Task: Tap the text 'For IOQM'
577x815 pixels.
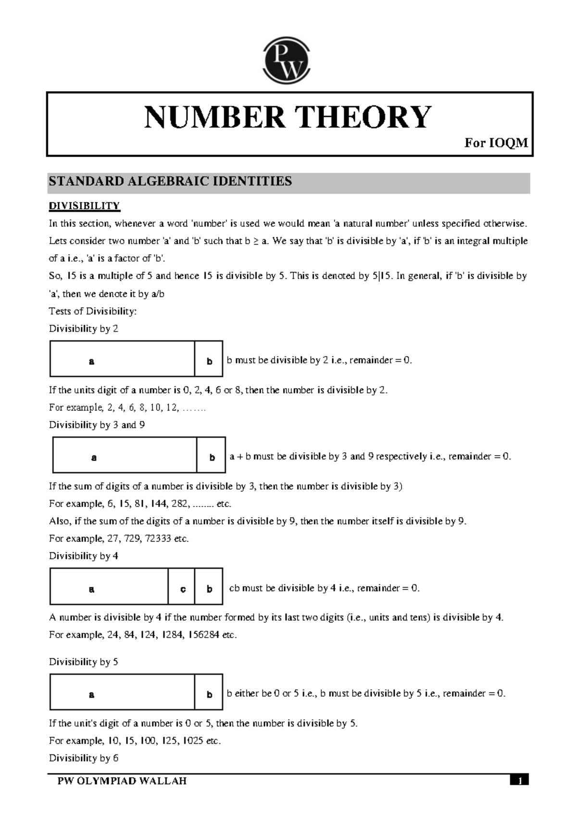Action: [496, 143]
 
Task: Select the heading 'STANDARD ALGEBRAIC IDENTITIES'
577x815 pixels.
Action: [170, 182]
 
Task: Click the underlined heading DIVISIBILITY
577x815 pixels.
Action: [84, 206]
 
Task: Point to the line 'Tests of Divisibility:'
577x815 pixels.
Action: [93, 311]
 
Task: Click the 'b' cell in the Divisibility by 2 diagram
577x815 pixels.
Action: [209, 361]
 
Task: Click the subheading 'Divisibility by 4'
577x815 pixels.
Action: [83, 556]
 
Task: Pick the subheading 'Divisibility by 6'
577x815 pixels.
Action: [83, 758]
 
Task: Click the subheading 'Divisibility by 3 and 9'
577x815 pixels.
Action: [97, 425]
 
